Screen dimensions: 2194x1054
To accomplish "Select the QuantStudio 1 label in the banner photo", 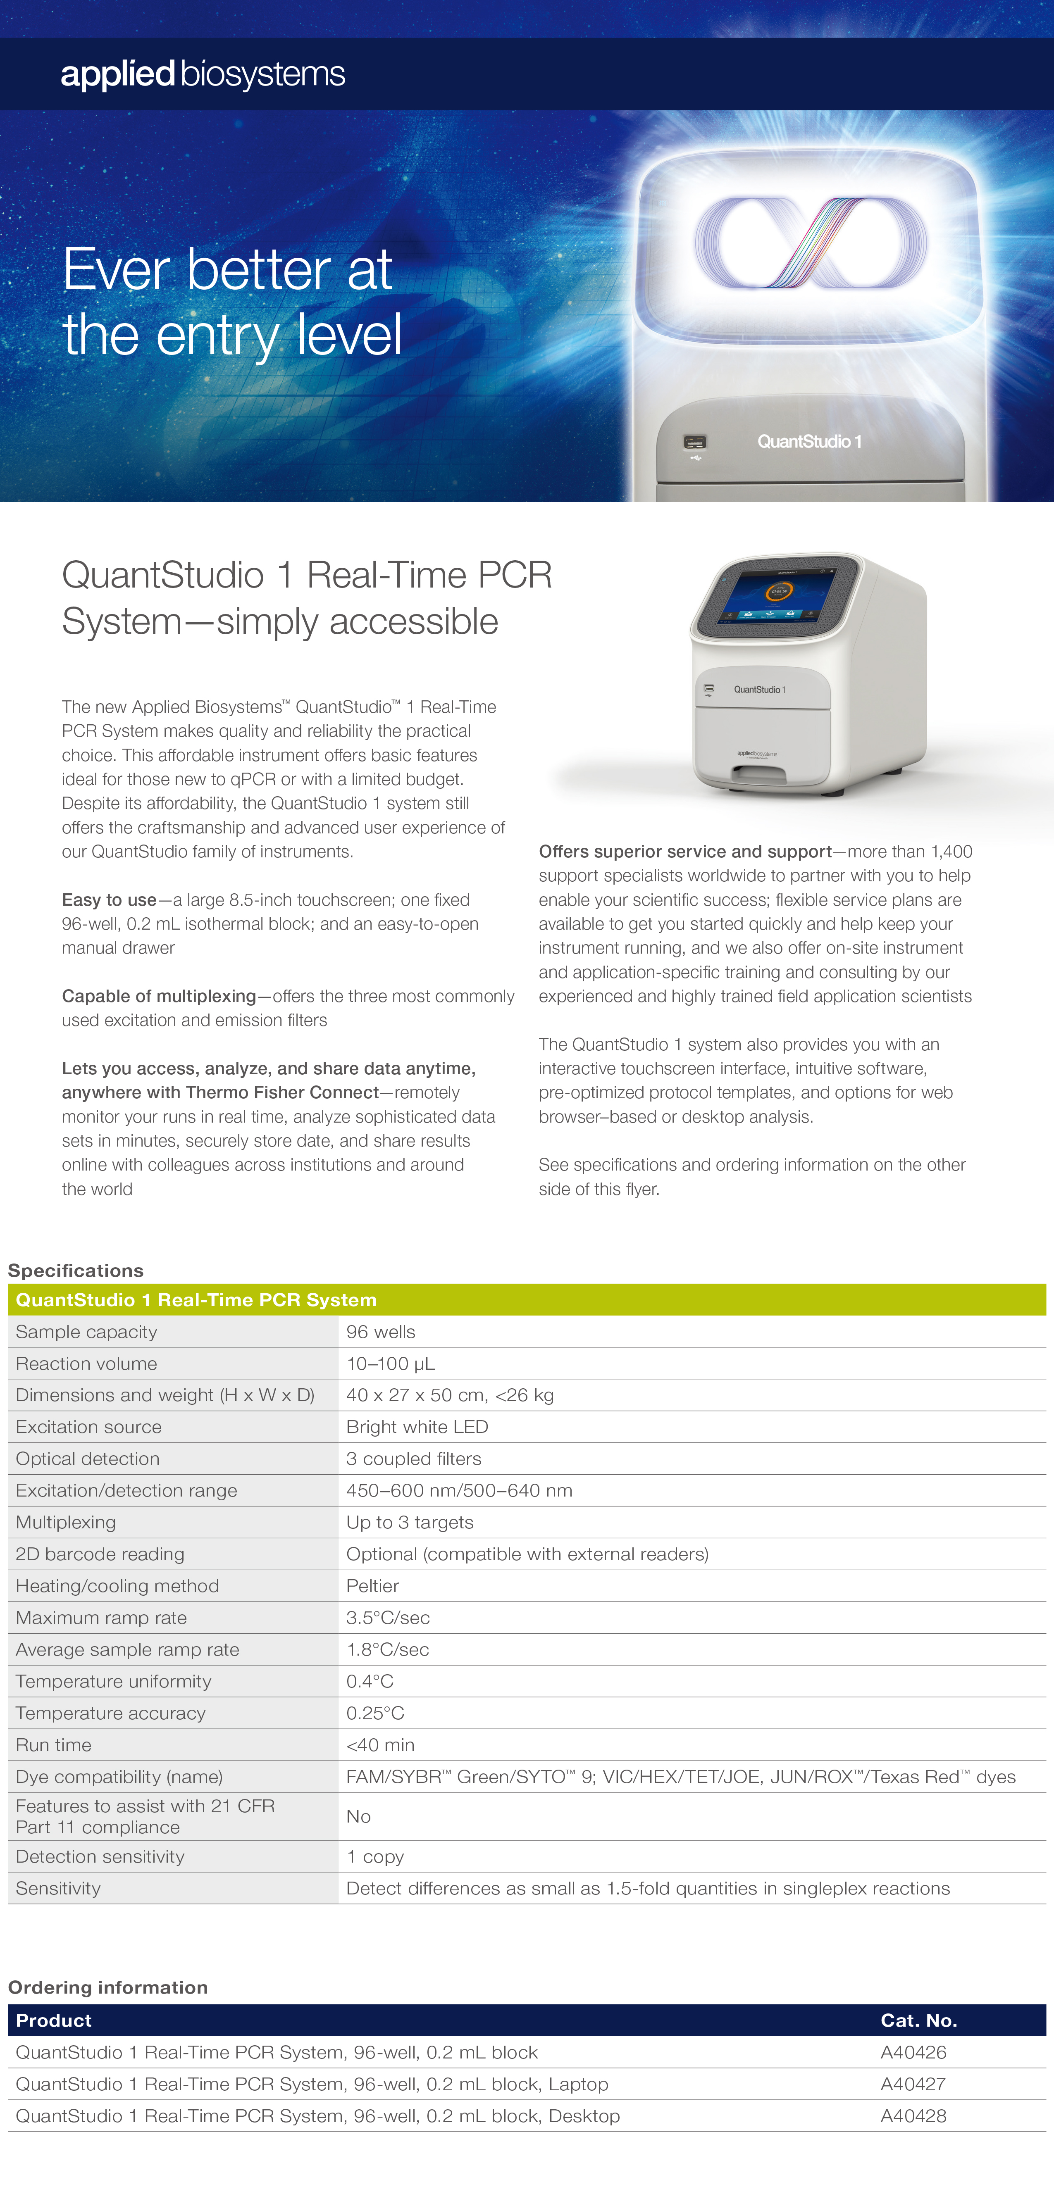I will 809,441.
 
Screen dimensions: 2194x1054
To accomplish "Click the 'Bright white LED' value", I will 417,1427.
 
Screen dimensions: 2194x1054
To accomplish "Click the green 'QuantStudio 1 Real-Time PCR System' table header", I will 196,1300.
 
